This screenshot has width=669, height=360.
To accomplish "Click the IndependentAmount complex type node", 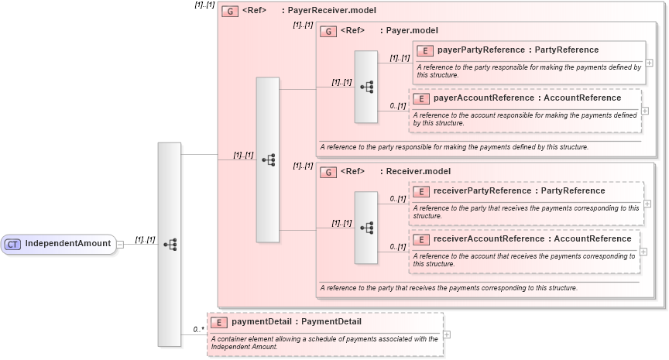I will (59, 245).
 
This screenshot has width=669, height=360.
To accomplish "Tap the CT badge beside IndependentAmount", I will (12, 245).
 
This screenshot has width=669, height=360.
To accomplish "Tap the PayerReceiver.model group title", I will (334, 11).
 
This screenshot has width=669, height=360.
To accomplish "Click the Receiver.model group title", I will (417, 171).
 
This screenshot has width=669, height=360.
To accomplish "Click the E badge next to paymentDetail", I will (219, 321).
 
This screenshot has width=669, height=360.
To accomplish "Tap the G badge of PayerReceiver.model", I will (229, 11).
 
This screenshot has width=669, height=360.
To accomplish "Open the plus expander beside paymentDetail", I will (447, 334).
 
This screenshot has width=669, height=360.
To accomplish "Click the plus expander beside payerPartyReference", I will (649, 63).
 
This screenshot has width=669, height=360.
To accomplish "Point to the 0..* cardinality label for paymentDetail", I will (198, 329).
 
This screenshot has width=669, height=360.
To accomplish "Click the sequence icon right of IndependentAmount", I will (170, 245).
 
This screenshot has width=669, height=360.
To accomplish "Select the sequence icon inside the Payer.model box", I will (366, 87).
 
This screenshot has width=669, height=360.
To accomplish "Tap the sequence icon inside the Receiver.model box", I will (366, 228).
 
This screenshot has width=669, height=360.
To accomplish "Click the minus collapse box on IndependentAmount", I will (120, 245).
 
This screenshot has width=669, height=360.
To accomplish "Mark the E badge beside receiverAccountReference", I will (420, 238).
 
